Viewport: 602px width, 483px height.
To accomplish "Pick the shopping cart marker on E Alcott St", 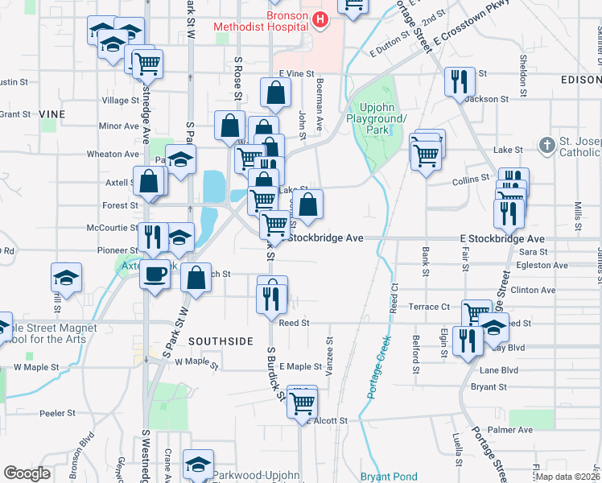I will [303, 400].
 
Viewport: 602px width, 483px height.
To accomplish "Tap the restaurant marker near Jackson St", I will [459, 82].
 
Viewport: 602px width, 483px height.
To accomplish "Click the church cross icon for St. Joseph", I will [547, 146].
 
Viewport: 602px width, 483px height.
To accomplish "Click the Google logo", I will [27, 473].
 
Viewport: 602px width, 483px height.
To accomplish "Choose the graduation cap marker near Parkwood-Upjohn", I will [198, 464].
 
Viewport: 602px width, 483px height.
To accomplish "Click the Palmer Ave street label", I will [515, 430].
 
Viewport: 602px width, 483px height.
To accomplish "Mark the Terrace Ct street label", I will [430, 307].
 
